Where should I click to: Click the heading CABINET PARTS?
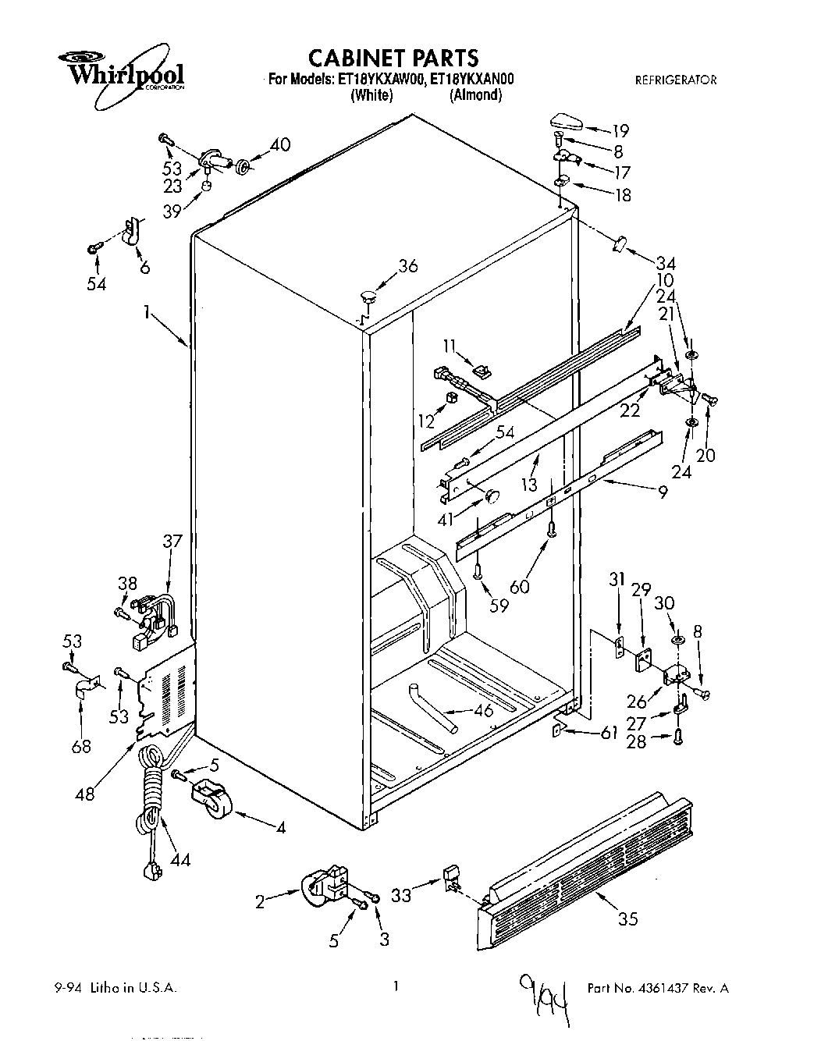pos(393,58)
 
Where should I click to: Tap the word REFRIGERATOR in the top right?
pos(675,80)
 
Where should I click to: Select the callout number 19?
pos(620,131)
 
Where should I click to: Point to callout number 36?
pos(408,266)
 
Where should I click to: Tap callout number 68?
pos(80,746)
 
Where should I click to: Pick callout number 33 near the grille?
pos(401,896)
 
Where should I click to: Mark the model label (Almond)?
pos(475,95)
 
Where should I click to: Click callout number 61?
pos(610,732)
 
